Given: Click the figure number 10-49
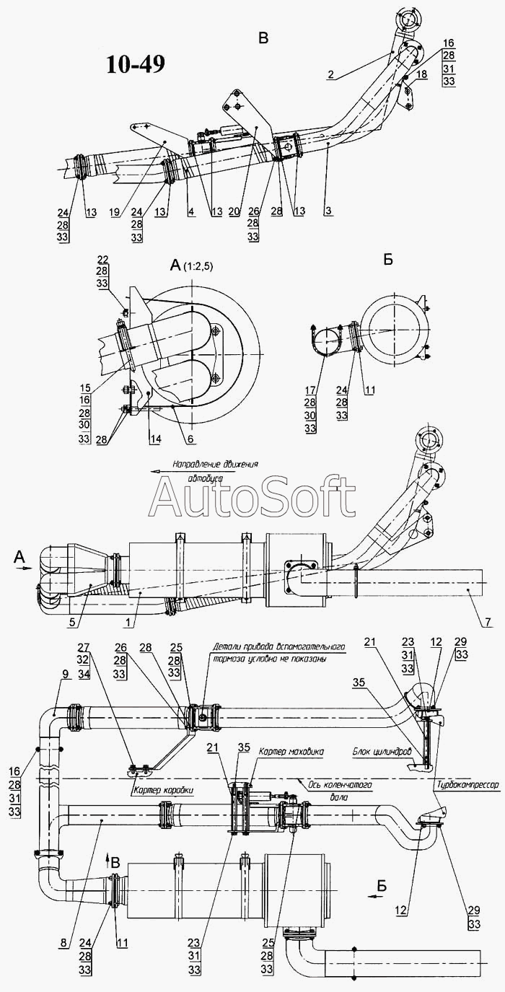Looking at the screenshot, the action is click(135, 64).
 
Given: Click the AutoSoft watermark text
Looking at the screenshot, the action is click(253, 497).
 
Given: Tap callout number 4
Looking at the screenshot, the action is click(191, 212).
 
